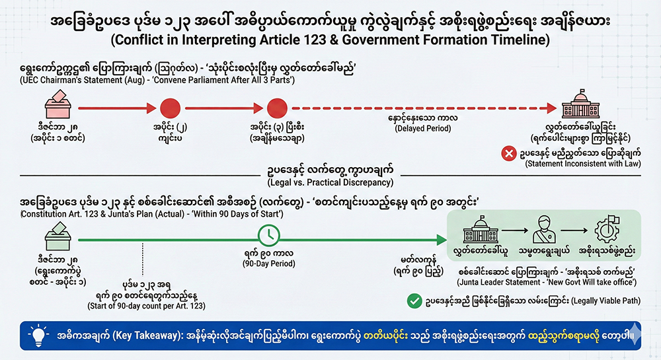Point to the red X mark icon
point(509,153)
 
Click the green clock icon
point(268,234)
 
